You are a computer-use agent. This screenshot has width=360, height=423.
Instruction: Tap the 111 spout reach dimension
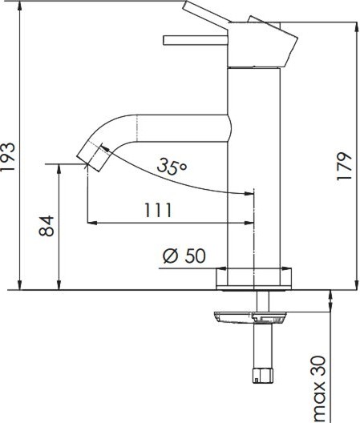pos(158,210)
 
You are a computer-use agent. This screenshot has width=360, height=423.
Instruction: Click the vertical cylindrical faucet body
pos(254,176)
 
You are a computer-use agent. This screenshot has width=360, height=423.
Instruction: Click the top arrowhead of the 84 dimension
pos(59,168)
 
